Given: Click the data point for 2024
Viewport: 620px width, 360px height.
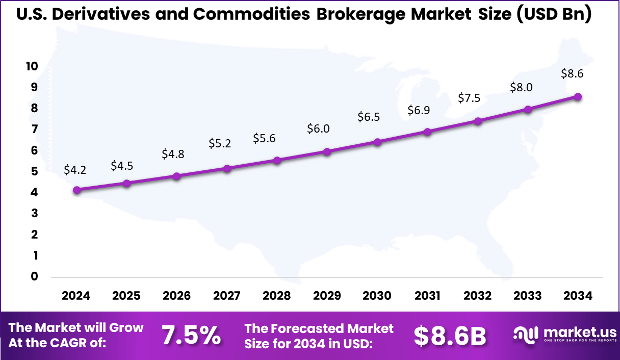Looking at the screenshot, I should (x=77, y=190).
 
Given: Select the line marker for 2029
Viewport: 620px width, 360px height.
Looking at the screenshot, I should (x=327, y=151).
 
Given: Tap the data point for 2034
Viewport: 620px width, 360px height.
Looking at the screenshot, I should (x=578, y=97).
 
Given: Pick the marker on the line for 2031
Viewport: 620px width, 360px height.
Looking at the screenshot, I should (x=427, y=132).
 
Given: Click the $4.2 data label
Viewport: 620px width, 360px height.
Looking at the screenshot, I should (x=75, y=170).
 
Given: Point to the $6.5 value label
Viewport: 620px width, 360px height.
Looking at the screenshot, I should (x=369, y=117).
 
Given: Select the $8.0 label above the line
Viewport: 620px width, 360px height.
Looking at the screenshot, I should (x=521, y=87).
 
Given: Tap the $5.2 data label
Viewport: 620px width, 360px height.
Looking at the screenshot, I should (x=220, y=144).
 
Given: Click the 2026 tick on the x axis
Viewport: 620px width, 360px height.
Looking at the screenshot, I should (x=176, y=296).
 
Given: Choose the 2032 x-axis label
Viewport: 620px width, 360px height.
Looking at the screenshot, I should (x=478, y=296).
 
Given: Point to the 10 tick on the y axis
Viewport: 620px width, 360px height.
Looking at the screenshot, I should (x=32, y=66).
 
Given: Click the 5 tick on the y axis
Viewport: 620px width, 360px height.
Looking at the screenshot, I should (x=35, y=171).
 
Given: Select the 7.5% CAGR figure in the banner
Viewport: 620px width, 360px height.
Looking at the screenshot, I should (x=191, y=336).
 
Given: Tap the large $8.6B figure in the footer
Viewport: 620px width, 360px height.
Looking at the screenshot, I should (x=450, y=336).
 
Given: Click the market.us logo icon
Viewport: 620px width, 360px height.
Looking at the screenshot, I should (x=525, y=334).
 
